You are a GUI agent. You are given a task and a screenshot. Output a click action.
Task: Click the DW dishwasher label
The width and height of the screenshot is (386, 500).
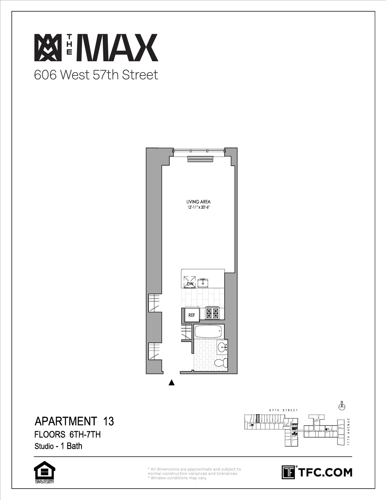tap(190, 284)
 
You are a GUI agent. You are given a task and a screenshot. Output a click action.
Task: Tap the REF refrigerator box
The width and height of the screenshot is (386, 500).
tap(192, 315)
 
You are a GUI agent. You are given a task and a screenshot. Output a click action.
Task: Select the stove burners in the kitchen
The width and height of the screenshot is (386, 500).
tap(212, 313)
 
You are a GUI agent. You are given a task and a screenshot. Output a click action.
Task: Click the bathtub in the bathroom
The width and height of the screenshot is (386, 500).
tap(207, 331)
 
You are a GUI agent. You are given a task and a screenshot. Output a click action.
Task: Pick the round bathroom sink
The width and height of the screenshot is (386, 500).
tap(223, 348)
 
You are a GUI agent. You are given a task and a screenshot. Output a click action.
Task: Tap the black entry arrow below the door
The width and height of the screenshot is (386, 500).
tap(172, 383)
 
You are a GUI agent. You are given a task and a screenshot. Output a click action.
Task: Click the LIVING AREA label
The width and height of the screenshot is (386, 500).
tap(198, 202)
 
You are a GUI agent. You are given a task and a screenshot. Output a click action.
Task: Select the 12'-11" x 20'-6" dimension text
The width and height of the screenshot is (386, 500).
tap(198, 207)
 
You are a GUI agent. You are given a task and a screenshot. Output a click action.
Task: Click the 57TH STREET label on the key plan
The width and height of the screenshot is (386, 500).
tap(284, 410)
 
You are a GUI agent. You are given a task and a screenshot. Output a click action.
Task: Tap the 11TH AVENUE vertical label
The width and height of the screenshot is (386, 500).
tap(348, 431)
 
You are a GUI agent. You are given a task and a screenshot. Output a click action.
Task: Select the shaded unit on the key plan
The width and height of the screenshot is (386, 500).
tap(258, 418)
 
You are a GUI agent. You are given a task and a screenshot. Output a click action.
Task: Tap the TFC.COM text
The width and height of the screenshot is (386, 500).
tap(325, 473)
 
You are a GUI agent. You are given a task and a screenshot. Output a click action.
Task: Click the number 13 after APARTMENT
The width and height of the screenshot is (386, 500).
tap(108, 421)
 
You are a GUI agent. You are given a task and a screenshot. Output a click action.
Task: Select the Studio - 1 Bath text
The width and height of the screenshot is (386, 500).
tap(58, 446)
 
